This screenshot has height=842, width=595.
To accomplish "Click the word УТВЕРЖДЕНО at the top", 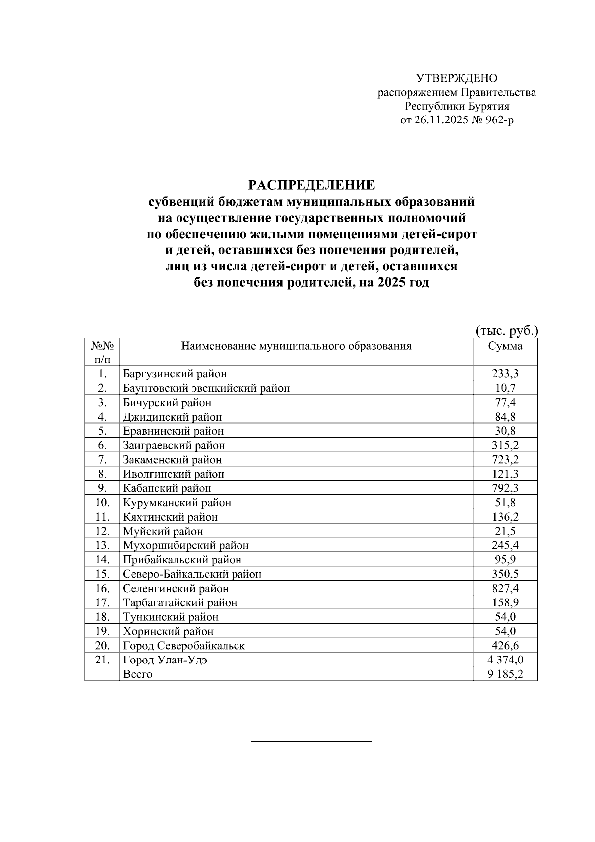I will point(456,78).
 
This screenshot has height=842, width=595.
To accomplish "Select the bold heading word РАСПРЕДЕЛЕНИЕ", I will point(311,186).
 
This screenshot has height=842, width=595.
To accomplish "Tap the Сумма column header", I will point(505,346).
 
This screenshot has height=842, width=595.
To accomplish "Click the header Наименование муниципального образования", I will point(296,346).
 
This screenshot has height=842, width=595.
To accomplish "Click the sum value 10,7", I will point(505,388).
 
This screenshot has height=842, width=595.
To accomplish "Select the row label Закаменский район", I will point(172,460).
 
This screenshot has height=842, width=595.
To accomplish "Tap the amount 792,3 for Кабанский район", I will point(505,488).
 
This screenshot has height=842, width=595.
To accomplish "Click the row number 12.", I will point(102,532).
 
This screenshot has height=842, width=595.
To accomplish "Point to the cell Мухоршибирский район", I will point(185,546).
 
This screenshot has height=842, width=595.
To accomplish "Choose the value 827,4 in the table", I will point(505,589).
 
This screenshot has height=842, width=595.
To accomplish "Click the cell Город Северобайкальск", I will point(183,646).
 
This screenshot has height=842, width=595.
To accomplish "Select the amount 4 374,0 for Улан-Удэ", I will point(505,660).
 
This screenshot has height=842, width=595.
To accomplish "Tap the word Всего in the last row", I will point(137,674).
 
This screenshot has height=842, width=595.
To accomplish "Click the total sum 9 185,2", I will point(505,674).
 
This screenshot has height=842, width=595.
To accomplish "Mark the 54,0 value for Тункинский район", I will point(505,617).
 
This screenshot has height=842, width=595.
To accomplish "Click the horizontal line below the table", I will point(311,741).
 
